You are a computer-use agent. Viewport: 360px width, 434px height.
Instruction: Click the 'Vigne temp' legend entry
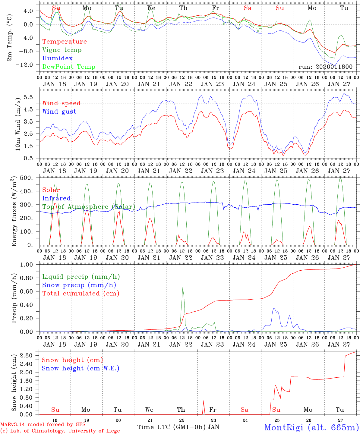point(62,50)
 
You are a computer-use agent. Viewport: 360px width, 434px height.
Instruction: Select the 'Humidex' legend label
point(57,58)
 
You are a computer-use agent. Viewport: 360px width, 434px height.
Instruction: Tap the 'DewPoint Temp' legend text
point(69,67)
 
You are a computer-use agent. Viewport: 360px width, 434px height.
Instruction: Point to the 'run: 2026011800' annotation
point(325,67)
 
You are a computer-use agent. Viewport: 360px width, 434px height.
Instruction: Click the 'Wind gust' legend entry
point(59,112)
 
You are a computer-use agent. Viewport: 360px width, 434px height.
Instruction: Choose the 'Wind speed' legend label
point(62,103)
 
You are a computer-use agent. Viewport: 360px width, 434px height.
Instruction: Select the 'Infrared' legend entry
point(56,198)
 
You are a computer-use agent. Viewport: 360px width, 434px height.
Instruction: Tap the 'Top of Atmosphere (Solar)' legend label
point(89,207)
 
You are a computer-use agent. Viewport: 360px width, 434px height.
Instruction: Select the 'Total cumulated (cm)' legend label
point(81,294)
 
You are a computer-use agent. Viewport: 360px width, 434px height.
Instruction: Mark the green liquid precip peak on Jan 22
point(183,288)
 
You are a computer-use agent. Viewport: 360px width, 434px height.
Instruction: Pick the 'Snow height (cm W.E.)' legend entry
point(81,368)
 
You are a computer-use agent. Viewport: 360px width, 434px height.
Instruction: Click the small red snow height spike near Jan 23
point(204,402)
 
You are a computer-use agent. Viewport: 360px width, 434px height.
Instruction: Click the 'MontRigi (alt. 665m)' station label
point(311,427)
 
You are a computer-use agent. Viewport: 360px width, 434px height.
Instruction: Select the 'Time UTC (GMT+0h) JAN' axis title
point(178,427)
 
